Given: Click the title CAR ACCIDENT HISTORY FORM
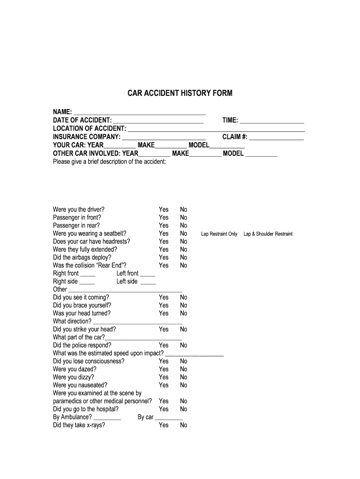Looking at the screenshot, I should click(x=180, y=93).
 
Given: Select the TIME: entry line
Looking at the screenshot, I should click(x=272, y=121).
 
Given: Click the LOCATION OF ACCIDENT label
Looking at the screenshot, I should click(x=89, y=129).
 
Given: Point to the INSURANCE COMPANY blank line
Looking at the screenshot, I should click(x=164, y=137).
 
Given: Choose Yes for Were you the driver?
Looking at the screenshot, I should click(x=164, y=210).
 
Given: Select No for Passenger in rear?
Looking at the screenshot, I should click(x=184, y=225).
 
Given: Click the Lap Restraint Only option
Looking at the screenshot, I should click(x=219, y=234).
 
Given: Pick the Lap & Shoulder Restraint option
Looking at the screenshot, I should click(x=268, y=234).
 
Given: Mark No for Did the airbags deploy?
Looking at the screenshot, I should click(x=184, y=257).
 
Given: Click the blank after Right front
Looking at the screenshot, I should click(x=87, y=274).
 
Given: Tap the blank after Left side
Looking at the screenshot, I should click(x=148, y=282).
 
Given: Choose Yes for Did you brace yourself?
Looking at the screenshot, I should click(x=164, y=305).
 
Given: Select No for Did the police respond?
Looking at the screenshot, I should click(x=184, y=345).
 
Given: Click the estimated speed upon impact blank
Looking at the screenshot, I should click(x=194, y=354).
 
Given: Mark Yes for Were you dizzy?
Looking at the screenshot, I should click(x=164, y=377).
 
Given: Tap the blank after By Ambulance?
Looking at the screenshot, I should click(x=107, y=418).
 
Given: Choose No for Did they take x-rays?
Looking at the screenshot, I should click(x=184, y=425).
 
